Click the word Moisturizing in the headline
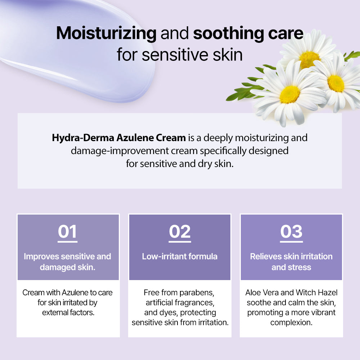point(106,33)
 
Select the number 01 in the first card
point(67,231)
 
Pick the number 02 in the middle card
point(180,231)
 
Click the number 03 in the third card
point(291,231)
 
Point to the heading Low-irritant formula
point(180,256)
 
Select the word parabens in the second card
point(199,292)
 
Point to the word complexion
point(291,322)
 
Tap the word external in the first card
point(54,312)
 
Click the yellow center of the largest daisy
point(290,94)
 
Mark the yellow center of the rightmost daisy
point(336,83)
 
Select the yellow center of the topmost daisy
point(309,59)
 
